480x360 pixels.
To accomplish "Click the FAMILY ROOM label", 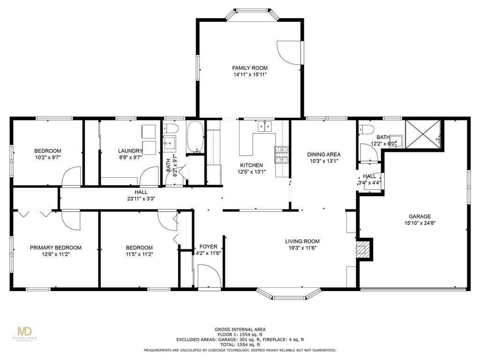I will (x=250, y=68).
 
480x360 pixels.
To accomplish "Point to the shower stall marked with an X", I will (x=423, y=135).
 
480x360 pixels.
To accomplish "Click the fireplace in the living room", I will (x=363, y=248).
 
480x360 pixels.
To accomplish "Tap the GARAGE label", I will (x=420, y=217).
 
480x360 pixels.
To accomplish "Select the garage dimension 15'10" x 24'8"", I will (x=420, y=223).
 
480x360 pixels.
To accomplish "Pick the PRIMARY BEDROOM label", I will (x=56, y=247).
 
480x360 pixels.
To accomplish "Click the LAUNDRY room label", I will (x=130, y=150).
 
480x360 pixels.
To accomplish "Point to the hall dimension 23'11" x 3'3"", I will (x=141, y=198).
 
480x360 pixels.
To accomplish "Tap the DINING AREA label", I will (x=323, y=154).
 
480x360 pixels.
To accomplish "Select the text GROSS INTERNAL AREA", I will (x=240, y=330).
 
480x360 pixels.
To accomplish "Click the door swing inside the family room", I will (x=287, y=53).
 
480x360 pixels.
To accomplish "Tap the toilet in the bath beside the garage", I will (x=367, y=129).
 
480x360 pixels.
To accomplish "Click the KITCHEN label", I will (x=251, y=165).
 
